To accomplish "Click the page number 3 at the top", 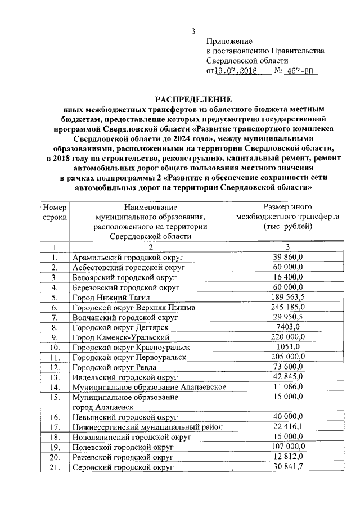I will (193, 30).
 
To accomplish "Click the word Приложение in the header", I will (229, 41).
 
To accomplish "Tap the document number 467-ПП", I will (299, 71).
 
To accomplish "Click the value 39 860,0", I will (287, 257).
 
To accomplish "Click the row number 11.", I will (55, 357).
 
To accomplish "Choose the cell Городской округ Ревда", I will (114, 367).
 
